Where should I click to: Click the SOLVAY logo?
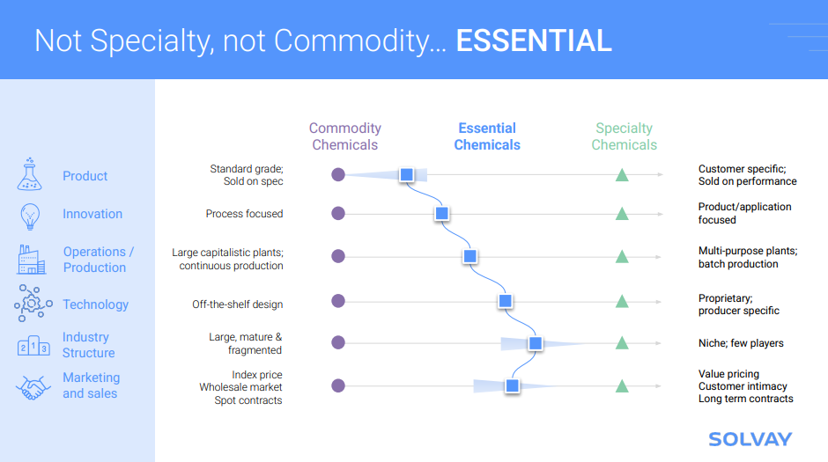750,439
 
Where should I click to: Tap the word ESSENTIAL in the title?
533,40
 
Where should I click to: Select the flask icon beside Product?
30,174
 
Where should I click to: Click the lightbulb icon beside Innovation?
30,216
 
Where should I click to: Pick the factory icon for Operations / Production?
31,260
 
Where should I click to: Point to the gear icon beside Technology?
33,304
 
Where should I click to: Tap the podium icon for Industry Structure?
33,346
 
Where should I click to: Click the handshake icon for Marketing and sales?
33,387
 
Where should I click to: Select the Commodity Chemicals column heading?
344,136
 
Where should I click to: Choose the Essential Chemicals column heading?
487,136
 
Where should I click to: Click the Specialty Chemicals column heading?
625,136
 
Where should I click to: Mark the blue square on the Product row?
407,174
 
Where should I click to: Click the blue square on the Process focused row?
442,214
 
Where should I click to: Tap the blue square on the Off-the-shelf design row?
506,301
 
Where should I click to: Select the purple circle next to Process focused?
338,214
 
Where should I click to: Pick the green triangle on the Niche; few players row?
622,343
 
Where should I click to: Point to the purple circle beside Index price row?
338,385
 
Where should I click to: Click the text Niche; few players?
741,343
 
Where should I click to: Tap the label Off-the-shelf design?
237,304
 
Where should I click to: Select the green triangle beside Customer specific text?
622,175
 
